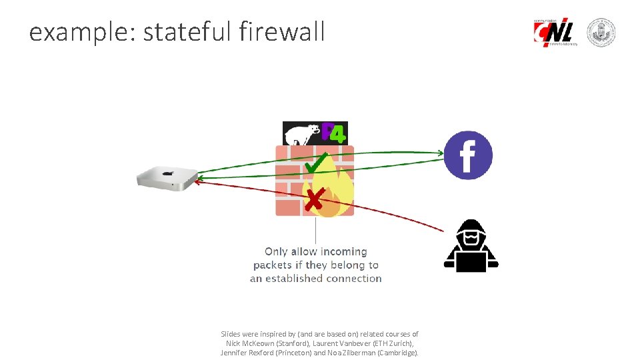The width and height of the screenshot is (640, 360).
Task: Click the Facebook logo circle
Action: pyautogui.click(x=468, y=155)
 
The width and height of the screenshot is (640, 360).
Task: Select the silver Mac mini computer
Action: pyautogui.click(x=167, y=177)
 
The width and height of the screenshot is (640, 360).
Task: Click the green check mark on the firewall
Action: pyautogui.click(x=315, y=162)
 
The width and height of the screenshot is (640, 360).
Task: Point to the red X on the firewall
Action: pyautogui.click(x=314, y=198)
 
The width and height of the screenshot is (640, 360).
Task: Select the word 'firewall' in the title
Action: pyautogui.click(x=280, y=31)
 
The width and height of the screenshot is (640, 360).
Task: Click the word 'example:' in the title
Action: pyautogui.click(x=81, y=32)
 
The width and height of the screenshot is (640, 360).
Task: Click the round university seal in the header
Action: pyautogui.click(x=601, y=32)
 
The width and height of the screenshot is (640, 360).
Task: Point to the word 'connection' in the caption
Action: pyautogui.click(x=353, y=279)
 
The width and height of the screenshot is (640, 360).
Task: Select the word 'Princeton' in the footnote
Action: pyautogui.click(x=290, y=353)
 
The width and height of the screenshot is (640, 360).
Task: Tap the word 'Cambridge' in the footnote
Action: pyautogui.click(x=397, y=353)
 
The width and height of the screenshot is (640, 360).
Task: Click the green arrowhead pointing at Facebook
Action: pyautogui.click(x=439, y=153)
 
